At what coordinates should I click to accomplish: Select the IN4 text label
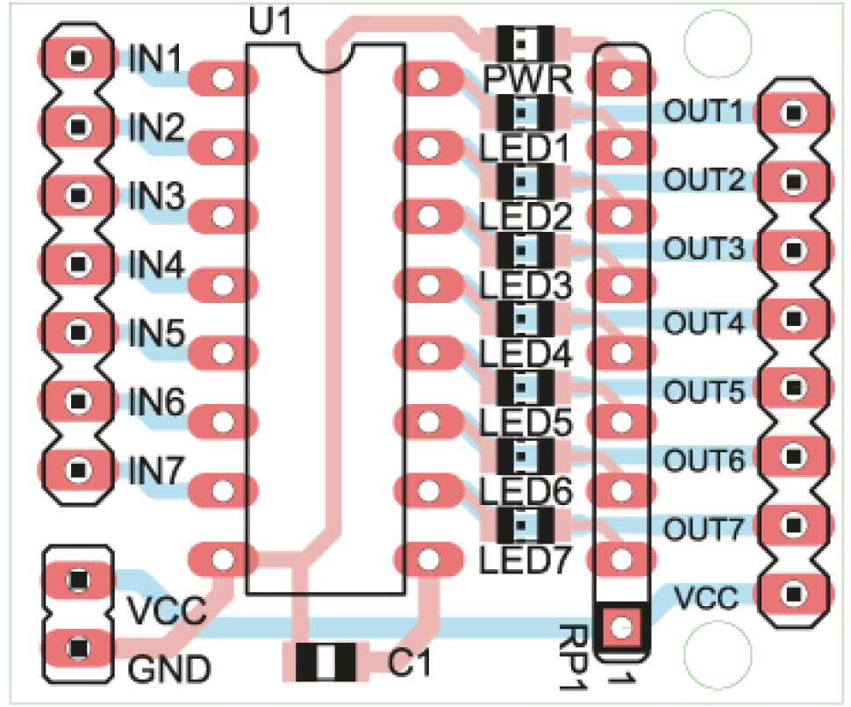click(x=157, y=265)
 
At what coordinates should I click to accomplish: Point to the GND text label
click(x=170, y=671)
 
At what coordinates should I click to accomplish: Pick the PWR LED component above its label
click(x=525, y=41)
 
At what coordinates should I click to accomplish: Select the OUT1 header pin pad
click(x=795, y=112)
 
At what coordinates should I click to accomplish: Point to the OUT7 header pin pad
click(x=795, y=524)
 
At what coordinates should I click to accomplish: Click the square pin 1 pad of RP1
click(x=621, y=626)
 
